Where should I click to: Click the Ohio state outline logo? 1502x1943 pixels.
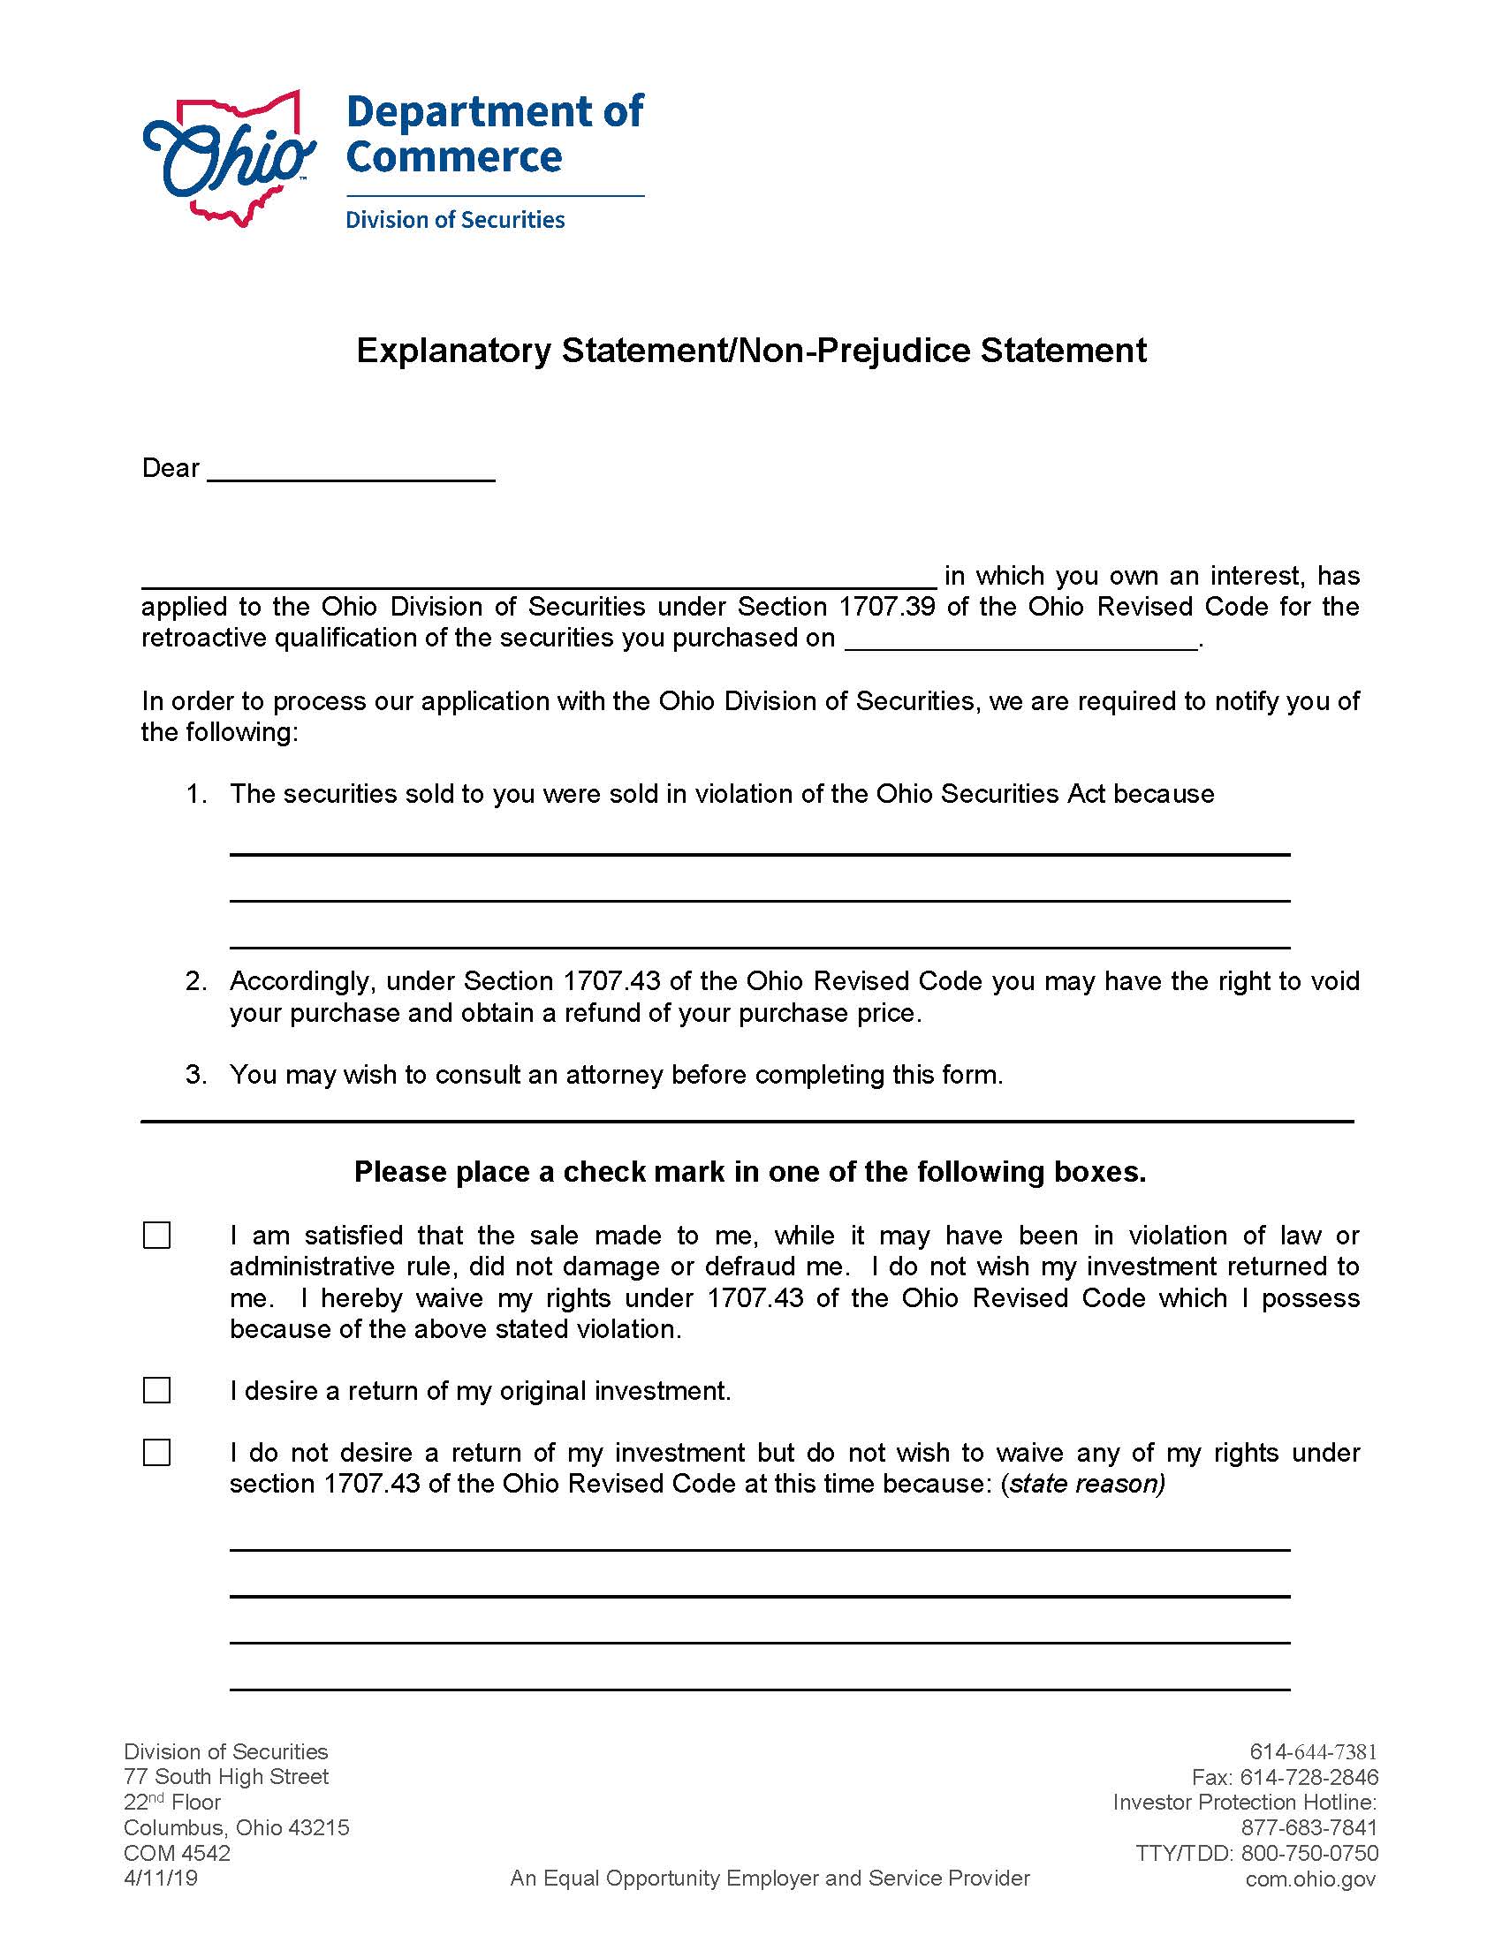tap(229, 157)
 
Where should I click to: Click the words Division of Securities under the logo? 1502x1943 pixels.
tap(455, 220)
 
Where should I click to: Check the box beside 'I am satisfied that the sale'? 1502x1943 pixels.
tap(156, 1236)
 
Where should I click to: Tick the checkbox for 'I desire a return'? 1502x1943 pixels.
tap(156, 1390)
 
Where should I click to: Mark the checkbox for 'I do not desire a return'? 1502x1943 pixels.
tap(156, 1453)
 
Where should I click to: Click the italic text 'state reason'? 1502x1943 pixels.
tap(1084, 1484)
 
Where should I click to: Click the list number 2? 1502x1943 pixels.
tap(196, 981)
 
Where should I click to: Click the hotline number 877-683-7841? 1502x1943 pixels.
tap(1309, 1828)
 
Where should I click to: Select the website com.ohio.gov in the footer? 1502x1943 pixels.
tap(1309, 1879)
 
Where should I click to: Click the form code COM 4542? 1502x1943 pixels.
tap(177, 1853)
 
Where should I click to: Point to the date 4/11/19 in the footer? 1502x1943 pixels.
tap(161, 1878)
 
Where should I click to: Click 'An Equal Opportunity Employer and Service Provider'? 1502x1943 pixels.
tap(770, 1878)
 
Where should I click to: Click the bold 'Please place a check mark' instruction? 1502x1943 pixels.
tap(750, 1172)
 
